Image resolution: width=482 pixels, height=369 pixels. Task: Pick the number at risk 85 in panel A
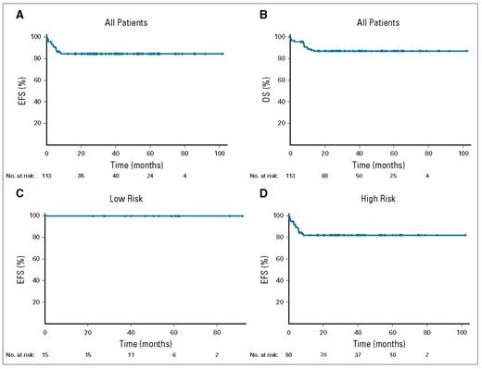coord(81,174)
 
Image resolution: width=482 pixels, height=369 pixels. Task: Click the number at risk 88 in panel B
coord(324,174)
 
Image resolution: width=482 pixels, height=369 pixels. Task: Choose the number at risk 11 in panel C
coord(131,354)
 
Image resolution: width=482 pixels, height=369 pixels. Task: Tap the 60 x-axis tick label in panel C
coord(173,330)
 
